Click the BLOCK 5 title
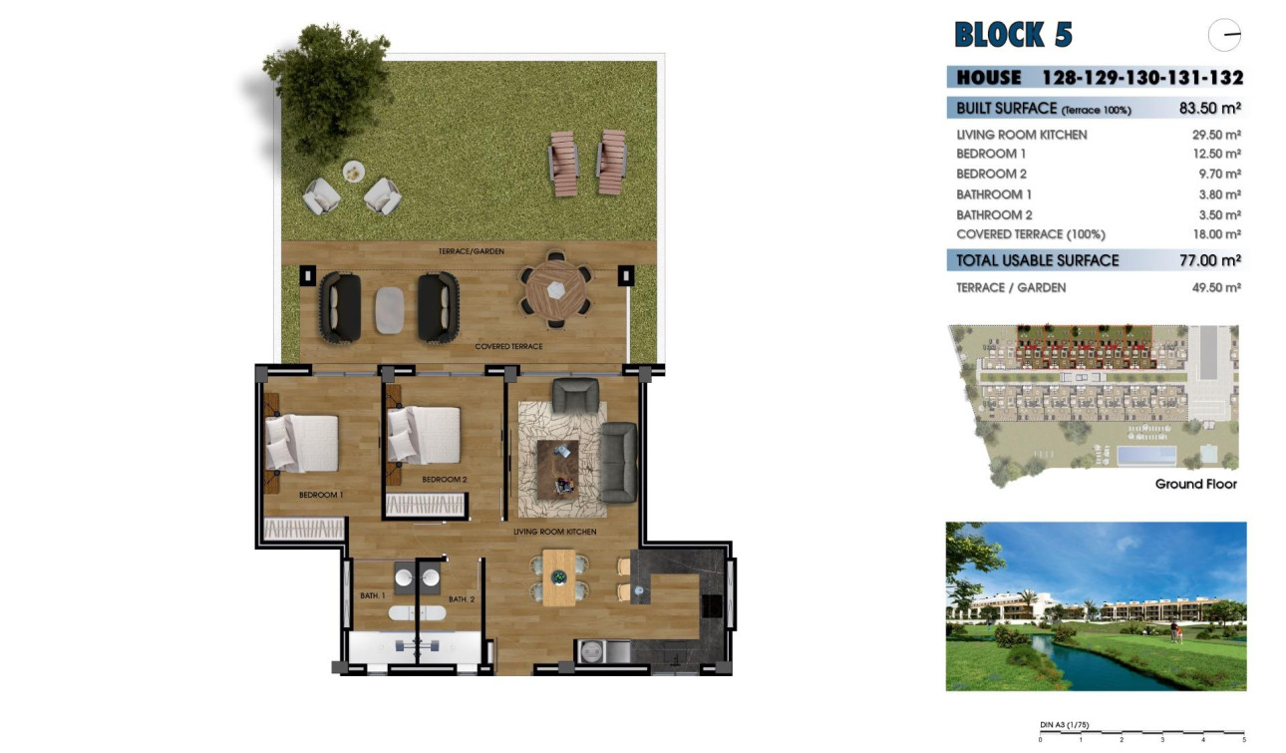click(x=1013, y=35)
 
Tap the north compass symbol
click(x=1224, y=35)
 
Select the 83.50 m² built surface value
click(x=1209, y=109)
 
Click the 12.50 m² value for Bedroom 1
click(x=1217, y=155)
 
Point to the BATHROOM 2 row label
click(x=994, y=214)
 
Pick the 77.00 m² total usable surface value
click(x=1209, y=260)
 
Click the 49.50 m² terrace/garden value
click(x=1217, y=288)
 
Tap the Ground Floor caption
click(x=1195, y=484)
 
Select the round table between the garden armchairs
click(x=354, y=172)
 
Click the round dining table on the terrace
click(x=554, y=290)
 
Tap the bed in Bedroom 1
click(x=301, y=442)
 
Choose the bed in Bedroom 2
click(x=424, y=434)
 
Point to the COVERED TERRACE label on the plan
click(x=508, y=346)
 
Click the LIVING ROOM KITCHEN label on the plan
click(x=554, y=532)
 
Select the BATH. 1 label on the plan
click(x=372, y=596)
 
